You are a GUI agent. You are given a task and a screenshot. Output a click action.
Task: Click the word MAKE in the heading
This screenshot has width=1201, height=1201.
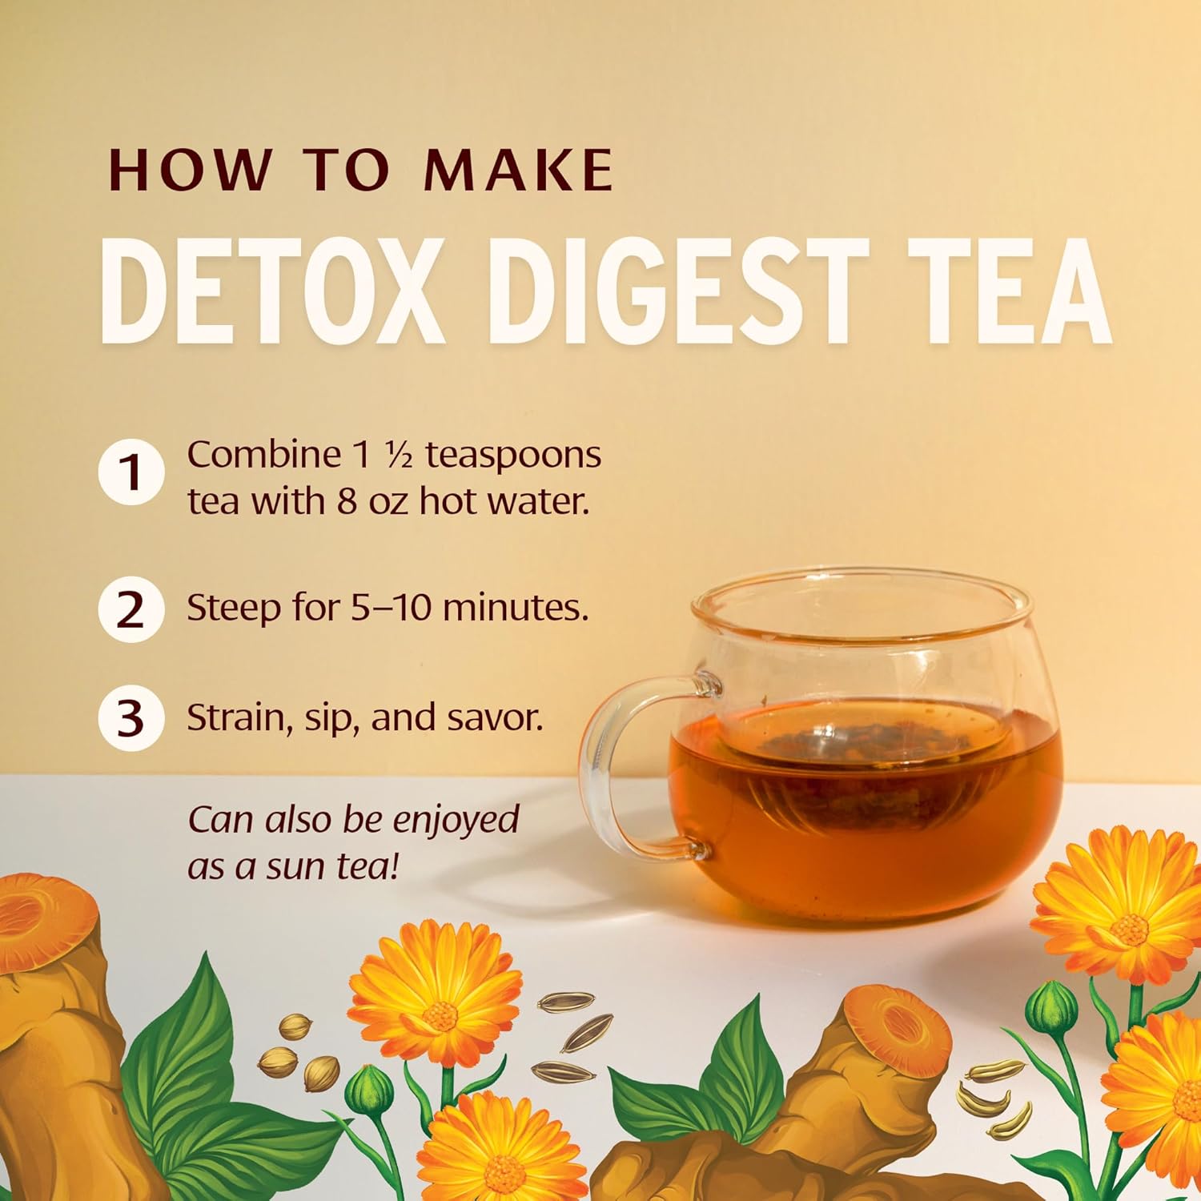pyautogui.click(x=518, y=170)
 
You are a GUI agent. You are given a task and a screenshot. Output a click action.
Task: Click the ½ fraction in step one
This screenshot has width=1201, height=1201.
pyautogui.click(x=398, y=455)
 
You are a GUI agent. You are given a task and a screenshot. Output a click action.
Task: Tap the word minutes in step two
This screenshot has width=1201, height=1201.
pyautogui.click(x=514, y=608)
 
